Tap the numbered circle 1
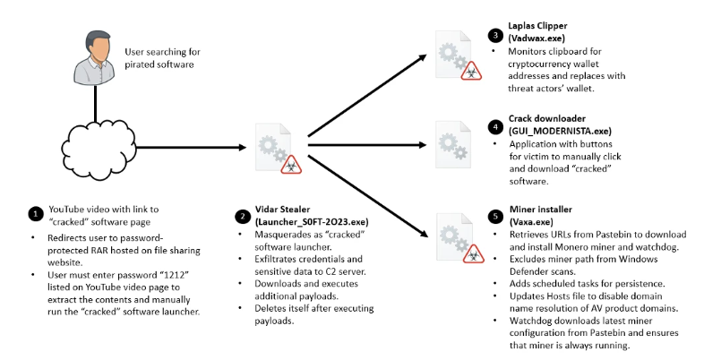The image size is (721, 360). point(34,215)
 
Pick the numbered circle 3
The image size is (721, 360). point(495,36)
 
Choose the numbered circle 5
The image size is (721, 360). point(495,214)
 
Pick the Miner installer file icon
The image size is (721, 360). point(454,235)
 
